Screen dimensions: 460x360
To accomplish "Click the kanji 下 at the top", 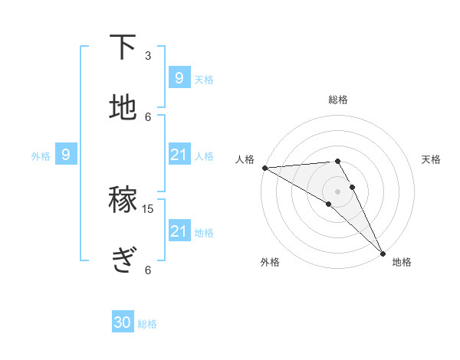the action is point(123,48).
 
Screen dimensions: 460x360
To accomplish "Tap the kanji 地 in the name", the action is point(123,108).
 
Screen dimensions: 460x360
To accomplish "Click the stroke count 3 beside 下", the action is point(148,56).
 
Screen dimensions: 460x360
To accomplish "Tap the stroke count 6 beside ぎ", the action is point(148,270).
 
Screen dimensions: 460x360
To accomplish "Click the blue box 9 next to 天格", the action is point(179,78).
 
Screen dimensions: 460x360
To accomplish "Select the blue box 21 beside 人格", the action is point(179,155).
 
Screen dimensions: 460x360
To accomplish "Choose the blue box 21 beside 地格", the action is point(179,231).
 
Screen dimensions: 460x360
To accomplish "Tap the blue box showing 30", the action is point(122,323).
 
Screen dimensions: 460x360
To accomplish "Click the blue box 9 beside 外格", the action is point(66,155).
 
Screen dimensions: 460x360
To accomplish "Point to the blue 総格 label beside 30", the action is point(148,324).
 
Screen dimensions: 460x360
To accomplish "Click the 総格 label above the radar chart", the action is point(338,100).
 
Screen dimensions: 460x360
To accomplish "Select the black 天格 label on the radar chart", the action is point(432,159).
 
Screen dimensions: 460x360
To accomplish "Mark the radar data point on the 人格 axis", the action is point(264,168).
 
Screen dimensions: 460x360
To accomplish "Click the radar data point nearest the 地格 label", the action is point(383,251).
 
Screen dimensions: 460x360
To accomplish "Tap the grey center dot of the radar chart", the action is point(338,191).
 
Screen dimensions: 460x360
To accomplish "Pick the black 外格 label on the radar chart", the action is point(270,262).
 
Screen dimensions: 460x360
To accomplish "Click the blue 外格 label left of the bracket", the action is point(41,155).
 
